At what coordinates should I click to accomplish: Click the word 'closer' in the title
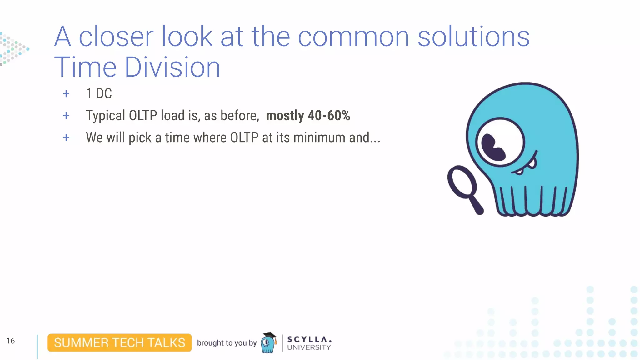click(116, 37)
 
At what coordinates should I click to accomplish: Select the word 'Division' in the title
click(172, 67)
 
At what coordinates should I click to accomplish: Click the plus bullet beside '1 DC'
click(66, 93)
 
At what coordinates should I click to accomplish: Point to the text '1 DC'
click(99, 93)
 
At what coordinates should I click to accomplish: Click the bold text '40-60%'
click(329, 116)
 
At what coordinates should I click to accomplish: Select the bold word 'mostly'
click(285, 116)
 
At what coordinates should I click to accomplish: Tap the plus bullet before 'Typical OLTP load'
click(66, 116)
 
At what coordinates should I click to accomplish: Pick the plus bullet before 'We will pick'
click(66, 137)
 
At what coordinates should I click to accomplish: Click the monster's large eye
click(500, 142)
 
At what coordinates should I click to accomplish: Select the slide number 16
click(10, 341)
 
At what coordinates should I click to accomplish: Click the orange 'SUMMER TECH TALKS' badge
click(119, 343)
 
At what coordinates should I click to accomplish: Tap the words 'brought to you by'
click(227, 343)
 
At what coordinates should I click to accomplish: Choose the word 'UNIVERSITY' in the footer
click(309, 347)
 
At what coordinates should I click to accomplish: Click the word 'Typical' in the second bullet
click(106, 116)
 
